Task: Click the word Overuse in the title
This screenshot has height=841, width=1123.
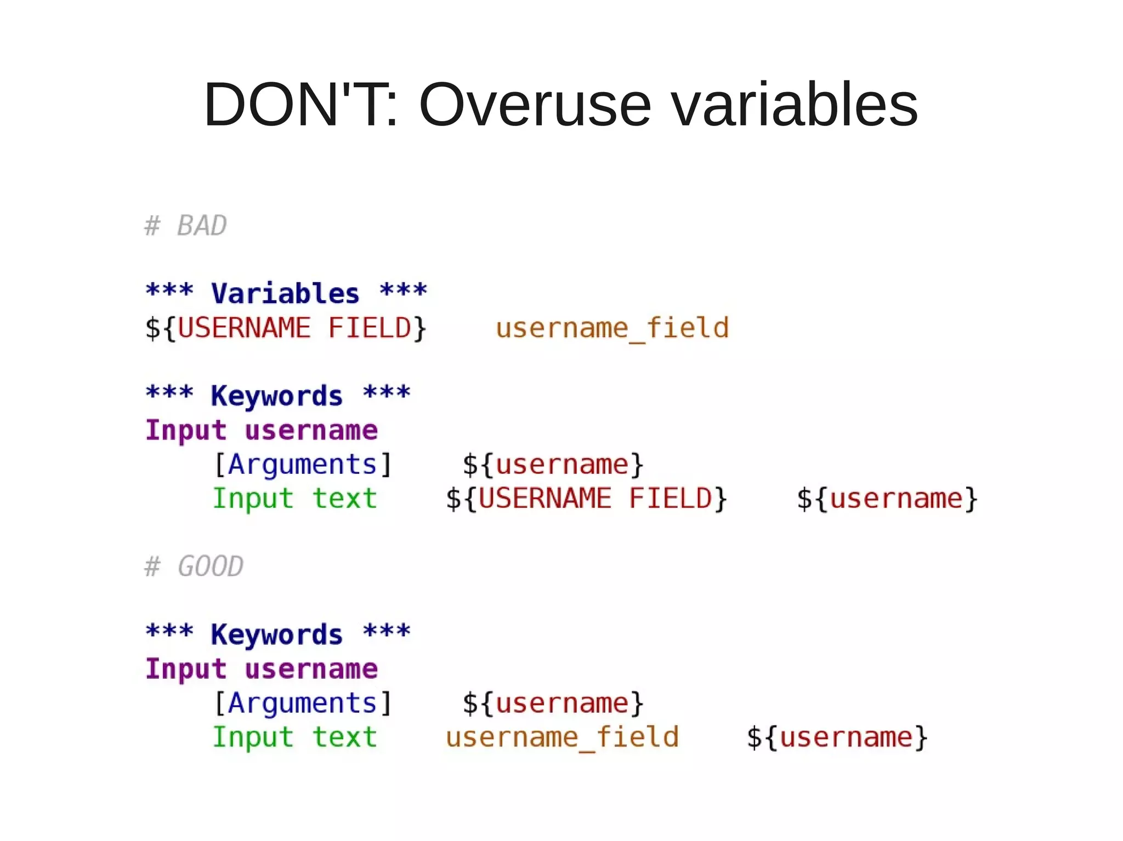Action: (535, 104)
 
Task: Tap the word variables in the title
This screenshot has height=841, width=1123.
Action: (795, 104)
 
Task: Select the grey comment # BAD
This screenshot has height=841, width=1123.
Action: (185, 226)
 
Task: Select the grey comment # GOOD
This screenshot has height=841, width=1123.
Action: (194, 566)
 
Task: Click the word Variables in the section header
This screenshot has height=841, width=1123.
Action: (285, 293)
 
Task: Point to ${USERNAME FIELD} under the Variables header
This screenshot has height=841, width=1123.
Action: (285, 328)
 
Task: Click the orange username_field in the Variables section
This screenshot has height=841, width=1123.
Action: (612, 328)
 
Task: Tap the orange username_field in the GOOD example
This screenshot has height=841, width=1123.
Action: (562, 737)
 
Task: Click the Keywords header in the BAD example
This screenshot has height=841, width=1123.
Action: (277, 395)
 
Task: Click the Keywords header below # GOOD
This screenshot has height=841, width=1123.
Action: (277, 634)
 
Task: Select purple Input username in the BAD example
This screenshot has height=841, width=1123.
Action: (262, 430)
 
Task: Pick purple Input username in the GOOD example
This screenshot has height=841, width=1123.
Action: (262, 669)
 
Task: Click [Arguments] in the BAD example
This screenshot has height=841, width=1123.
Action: (303, 465)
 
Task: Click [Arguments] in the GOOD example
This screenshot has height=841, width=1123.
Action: (303, 703)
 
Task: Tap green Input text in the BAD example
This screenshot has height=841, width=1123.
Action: (295, 499)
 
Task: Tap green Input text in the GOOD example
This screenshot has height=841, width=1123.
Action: (295, 737)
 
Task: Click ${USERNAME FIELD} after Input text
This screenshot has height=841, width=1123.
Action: (586, 499)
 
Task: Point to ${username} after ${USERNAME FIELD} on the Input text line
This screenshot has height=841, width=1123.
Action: (887, 499)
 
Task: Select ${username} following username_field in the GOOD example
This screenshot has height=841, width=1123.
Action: (837, 737)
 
